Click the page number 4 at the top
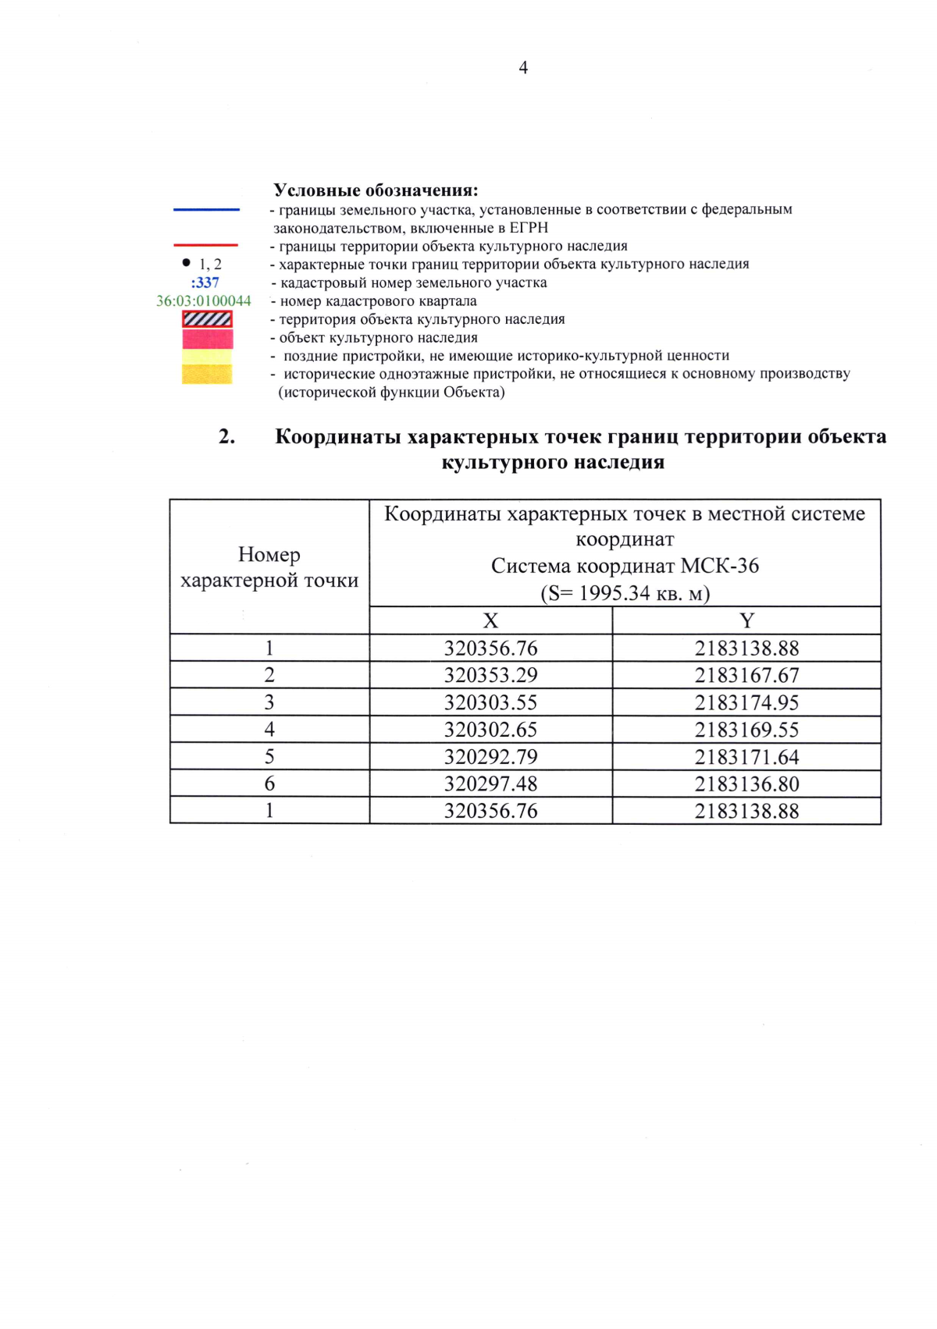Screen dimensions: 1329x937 coord(522,68)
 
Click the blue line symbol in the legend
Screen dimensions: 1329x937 coord(206,209)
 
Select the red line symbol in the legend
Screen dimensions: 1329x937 coord(206,245)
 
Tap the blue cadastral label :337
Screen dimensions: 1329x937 coord(205,283)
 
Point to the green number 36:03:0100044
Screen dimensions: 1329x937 coord(204,301)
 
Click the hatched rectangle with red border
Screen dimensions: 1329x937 coord(207,319)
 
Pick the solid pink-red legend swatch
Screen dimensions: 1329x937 coord(207,339)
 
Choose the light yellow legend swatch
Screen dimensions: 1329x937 coord(207,356)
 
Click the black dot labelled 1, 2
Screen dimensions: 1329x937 coord(186,263)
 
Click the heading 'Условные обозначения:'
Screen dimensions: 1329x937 coord(376,190)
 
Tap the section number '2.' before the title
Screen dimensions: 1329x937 coord(227,437)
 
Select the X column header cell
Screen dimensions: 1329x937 coord(490,621)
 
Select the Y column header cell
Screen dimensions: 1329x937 coord(746,621)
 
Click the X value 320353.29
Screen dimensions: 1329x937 coord(490,676)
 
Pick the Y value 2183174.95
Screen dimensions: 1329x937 coord(746,703)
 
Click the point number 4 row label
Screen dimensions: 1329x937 coord(269,730)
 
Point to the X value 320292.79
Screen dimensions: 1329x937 coord(490,757)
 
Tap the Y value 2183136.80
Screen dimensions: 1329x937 coord(746,784)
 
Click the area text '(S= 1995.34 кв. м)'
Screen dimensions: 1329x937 coord(625,594)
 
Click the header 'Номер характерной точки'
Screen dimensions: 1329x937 coord(269,567)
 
